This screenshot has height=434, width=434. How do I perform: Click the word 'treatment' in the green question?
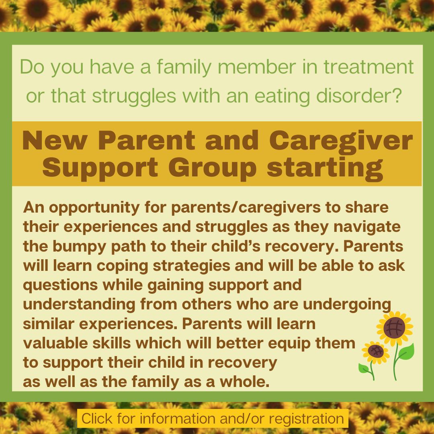point(368,67)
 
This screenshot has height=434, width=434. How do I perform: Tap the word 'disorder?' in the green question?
point(359,96)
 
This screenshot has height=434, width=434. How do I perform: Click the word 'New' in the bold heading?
point(55,140)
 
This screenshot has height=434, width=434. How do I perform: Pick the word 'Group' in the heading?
point(212,168)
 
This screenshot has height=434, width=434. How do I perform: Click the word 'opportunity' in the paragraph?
point(94,208)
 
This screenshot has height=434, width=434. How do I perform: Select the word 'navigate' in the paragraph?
point(367,227)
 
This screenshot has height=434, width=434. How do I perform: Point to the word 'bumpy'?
point(80,247)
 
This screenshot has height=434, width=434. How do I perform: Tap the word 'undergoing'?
point(347,305)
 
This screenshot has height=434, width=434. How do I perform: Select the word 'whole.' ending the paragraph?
point(244,382)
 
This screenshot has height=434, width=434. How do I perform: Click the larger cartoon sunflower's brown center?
point(395,328)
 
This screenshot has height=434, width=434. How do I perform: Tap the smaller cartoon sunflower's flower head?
point(375,352)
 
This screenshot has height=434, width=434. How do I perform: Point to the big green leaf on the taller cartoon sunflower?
point(406,352)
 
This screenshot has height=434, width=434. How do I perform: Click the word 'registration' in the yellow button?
point(306,418)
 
